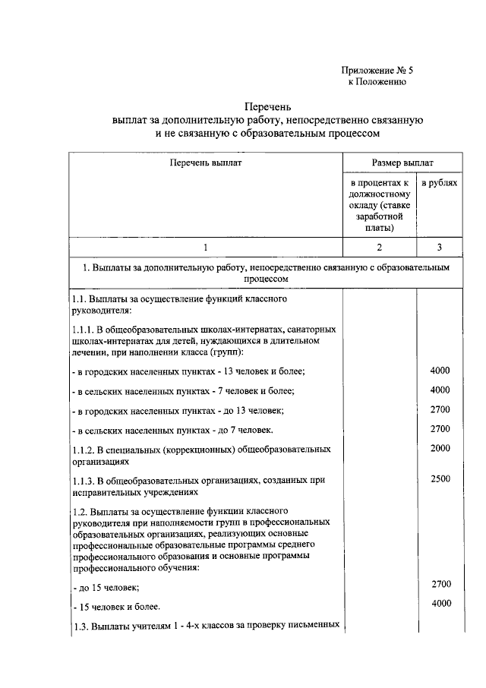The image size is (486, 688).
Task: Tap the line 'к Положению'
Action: tap(377, 82)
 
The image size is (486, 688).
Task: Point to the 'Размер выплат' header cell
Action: tap(402, 163)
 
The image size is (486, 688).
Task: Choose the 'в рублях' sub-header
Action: tap(440, 185)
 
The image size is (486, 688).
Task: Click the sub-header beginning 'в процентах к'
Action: tap(379, 185)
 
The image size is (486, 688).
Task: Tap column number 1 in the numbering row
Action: tap(204, 248)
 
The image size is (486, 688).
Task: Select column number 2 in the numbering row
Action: tap(379, 248)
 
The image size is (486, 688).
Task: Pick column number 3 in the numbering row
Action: tap(440, 248)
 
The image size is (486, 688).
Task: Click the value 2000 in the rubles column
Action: tap(440, 449)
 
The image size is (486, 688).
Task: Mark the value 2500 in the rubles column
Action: tap(440, 479)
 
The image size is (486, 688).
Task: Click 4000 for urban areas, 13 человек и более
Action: tap(440, 370)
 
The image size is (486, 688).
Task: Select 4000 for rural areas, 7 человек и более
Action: tap(440, 390)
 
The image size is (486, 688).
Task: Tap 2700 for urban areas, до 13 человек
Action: tap(440, 409)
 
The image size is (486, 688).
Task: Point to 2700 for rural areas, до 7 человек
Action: tap(440, 429)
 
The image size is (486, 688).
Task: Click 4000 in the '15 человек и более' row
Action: tap(440, 604)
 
